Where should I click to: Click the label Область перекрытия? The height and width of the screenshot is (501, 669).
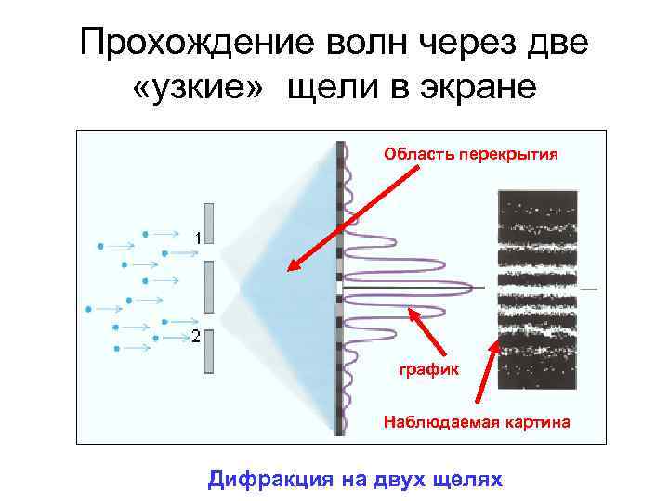(472, 154)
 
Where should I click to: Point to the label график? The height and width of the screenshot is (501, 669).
(429, 369)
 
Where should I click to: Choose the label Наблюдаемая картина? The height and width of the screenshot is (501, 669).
(477, 423)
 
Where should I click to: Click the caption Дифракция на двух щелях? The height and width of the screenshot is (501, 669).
(355, 479)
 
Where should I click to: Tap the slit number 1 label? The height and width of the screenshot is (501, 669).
(197, 238)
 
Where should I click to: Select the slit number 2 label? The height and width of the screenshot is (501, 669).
(196, 336)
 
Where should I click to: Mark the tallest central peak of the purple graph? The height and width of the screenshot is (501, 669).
(465, 287)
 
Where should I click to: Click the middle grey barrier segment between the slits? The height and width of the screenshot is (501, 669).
(210, 287)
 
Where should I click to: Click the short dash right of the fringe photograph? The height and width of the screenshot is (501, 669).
(589, 289)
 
